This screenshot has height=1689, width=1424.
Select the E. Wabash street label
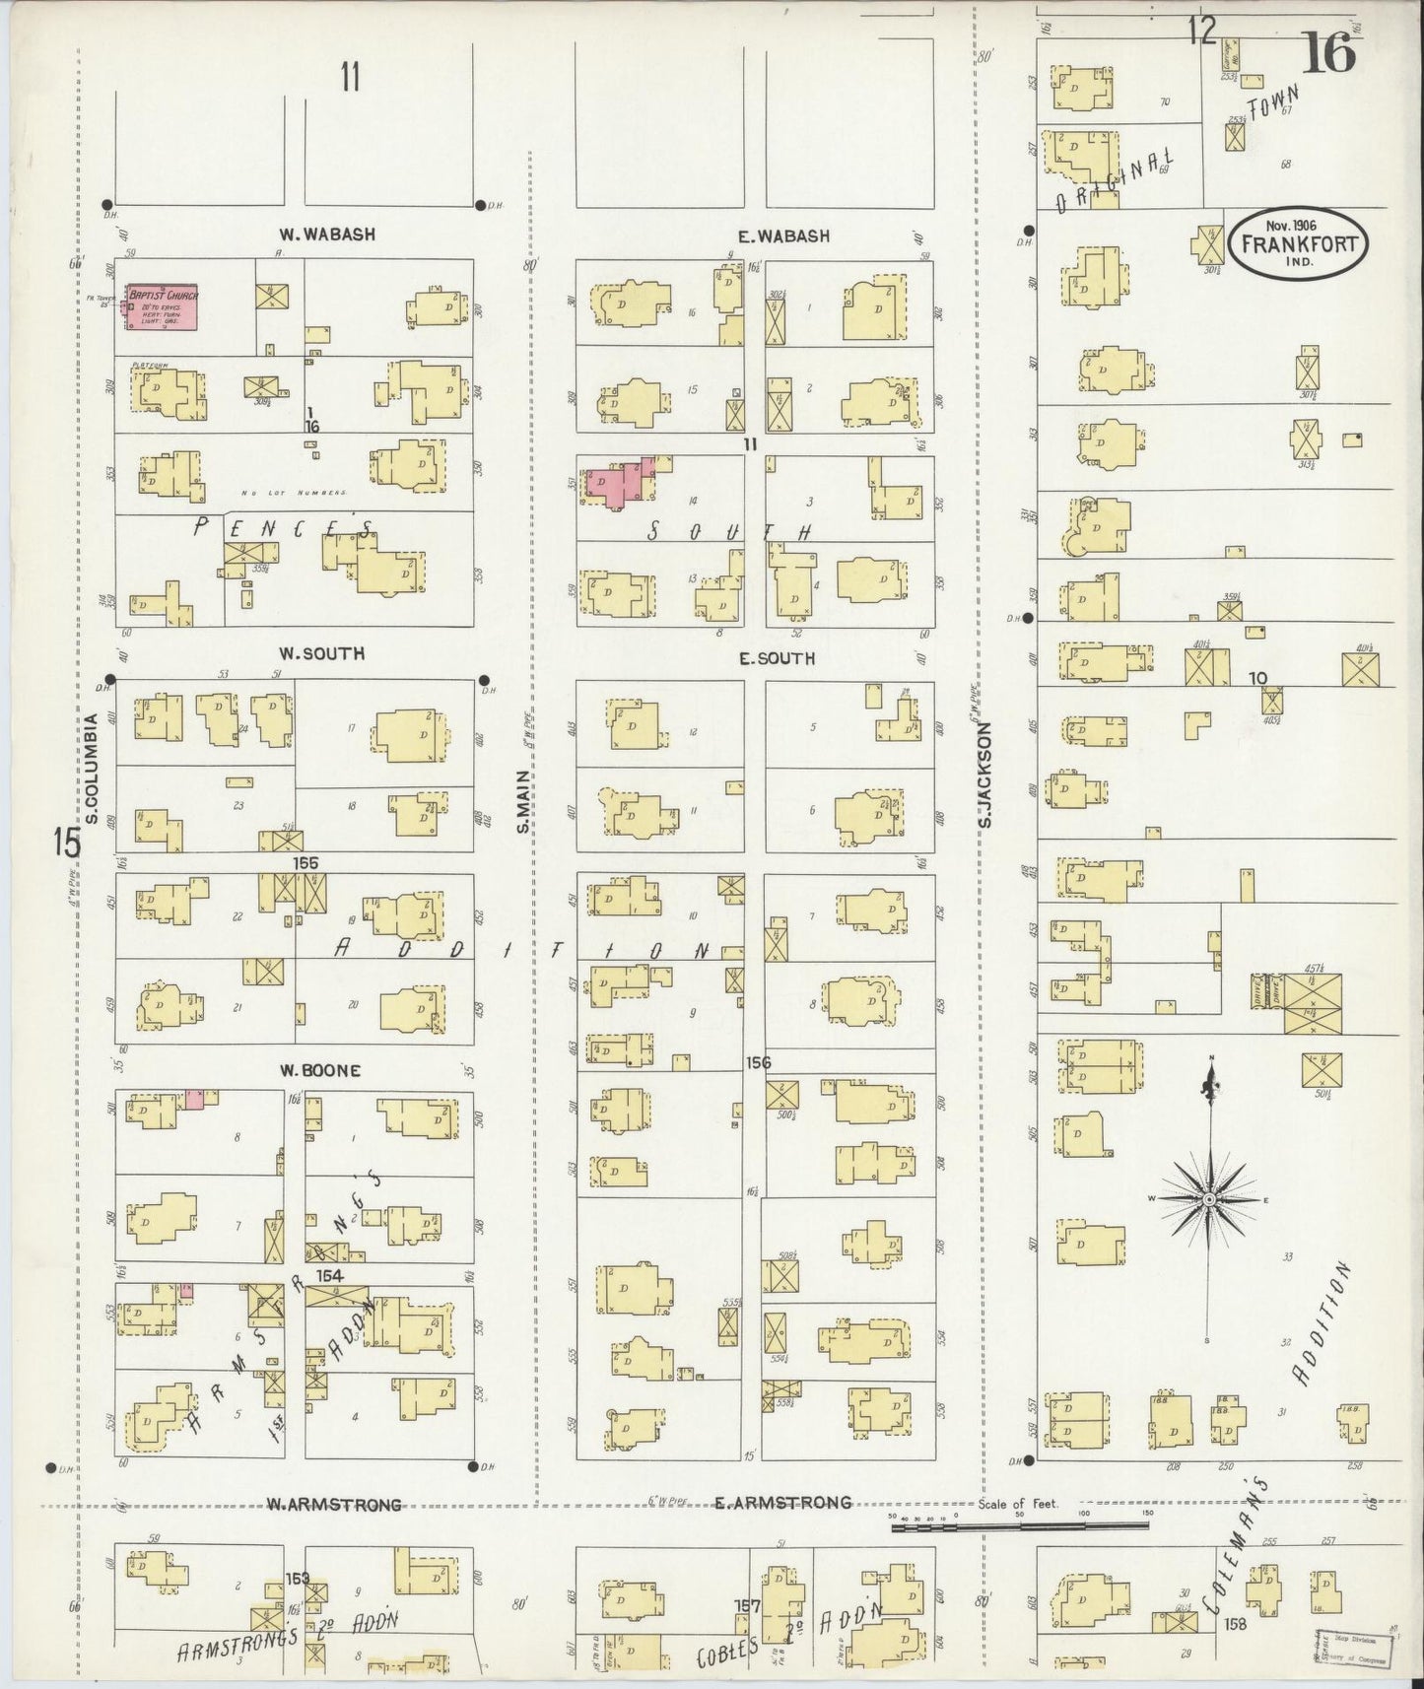pos(783,236)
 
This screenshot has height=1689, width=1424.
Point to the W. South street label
pos(321,653)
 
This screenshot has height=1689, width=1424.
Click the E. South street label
pos(778,657)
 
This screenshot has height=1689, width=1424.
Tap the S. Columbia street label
pos(91,769)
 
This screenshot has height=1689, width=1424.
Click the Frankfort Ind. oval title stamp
pos(1299,241)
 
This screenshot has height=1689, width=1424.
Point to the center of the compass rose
pos(1208,1199)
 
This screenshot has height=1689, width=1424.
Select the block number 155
pos(305,862)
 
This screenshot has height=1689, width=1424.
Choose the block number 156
pos(758,1062)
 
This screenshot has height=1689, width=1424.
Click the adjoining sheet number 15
pos(66,843)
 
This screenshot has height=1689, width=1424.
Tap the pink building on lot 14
pos(617,482)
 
